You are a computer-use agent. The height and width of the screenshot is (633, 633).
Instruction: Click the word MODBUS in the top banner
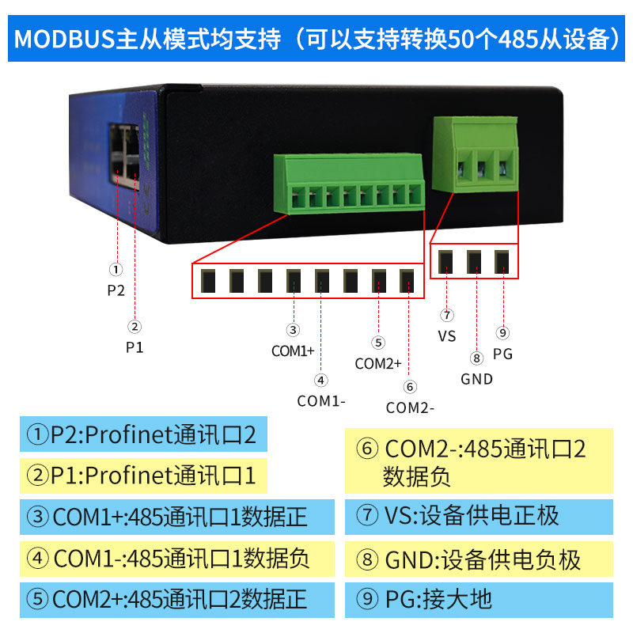coord(64,39)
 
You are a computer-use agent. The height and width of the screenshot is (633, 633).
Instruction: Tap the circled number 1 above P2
coord(116,270)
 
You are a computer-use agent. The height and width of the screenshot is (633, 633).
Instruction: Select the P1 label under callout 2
coord(135,346)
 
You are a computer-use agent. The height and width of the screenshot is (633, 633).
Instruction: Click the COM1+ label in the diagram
coord(293,351)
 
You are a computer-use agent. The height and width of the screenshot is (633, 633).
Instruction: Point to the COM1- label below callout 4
coord(321,400)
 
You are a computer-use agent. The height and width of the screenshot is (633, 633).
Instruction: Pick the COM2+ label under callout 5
coord(378,364)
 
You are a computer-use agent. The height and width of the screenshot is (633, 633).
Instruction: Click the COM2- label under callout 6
coord(410,408)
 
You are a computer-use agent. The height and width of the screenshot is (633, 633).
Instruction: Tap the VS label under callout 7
coord(447,336)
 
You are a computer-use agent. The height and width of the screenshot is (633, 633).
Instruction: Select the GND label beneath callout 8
coord(476,379)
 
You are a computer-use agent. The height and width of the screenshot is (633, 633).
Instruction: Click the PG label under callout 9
coord(502,354)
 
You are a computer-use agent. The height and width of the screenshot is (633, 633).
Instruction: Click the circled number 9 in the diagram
coord(502,333)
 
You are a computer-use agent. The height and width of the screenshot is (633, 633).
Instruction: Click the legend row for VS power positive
coord(479,516)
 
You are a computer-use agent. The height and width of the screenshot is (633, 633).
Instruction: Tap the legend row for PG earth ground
coord(479,599)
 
